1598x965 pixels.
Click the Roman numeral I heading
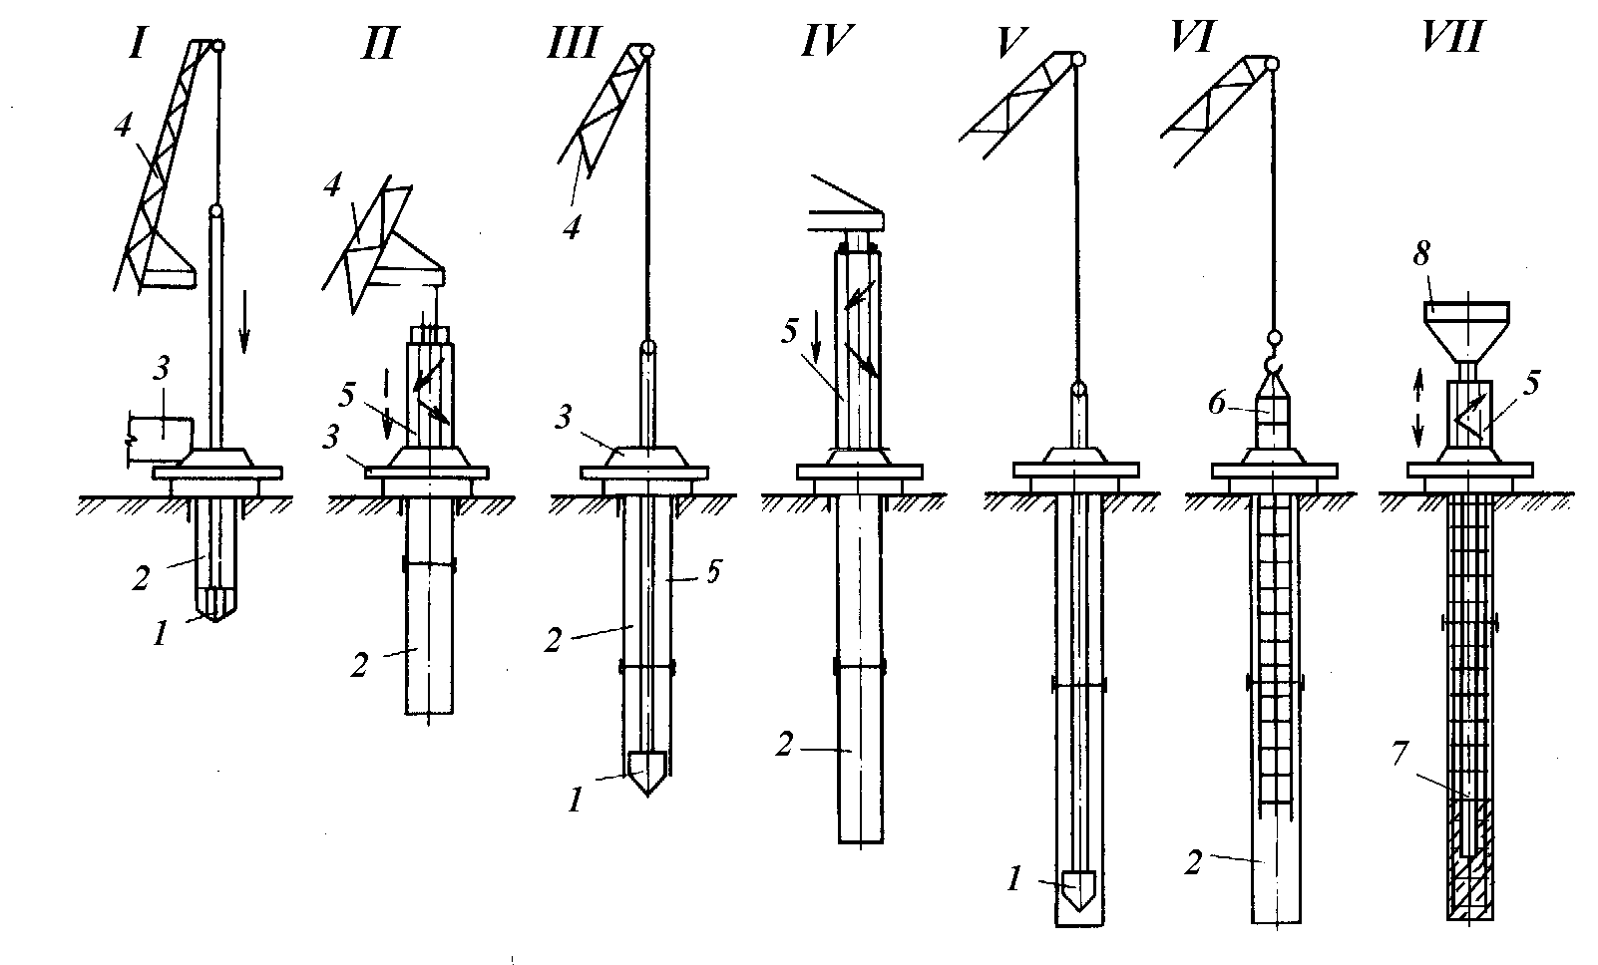coord(138,43)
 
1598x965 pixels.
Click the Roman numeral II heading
coord(379,44)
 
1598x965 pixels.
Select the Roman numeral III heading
coord(575,43)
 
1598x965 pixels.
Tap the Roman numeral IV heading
coord(828,41)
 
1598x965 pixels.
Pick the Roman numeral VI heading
coord(1193,38)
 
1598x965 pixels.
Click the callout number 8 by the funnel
coord(1421,254)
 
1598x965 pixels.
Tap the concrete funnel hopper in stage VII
coord(1466,331)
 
